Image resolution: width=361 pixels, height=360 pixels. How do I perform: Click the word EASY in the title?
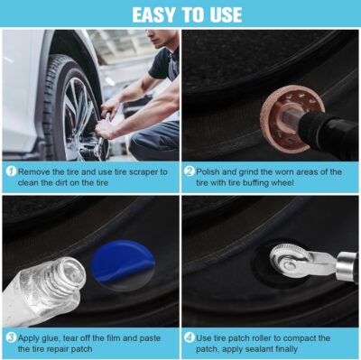(153, 15)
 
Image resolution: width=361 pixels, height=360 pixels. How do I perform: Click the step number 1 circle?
(11, 171)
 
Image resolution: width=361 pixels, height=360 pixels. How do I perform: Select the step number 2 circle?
(190, 171)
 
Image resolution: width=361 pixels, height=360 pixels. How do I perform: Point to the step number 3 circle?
(11, 337)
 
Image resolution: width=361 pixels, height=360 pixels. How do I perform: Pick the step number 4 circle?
(190, 337)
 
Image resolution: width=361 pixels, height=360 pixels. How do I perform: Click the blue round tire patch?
(124, 264)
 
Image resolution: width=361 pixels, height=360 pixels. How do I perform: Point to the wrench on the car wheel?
(102, 135)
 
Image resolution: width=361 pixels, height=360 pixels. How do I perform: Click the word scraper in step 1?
(143, 172)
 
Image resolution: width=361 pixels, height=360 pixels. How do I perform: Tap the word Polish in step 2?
(208, 172)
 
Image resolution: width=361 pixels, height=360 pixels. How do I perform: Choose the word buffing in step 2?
(255, 183)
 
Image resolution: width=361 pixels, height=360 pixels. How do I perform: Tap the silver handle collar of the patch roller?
(347, 267)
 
